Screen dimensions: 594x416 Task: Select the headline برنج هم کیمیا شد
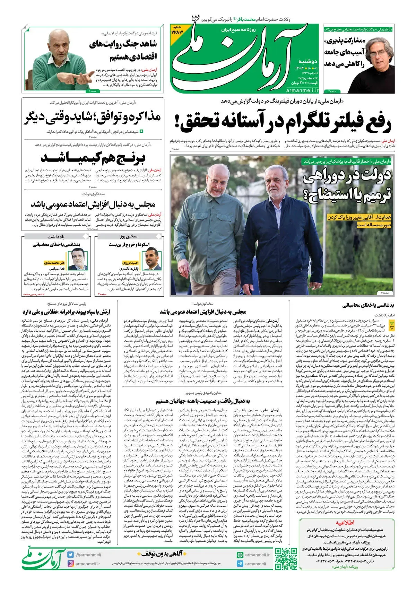click(93, 158)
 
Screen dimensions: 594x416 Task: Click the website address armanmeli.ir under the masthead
click(302, 90)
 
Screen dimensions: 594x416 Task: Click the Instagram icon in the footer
click(71, 564)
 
